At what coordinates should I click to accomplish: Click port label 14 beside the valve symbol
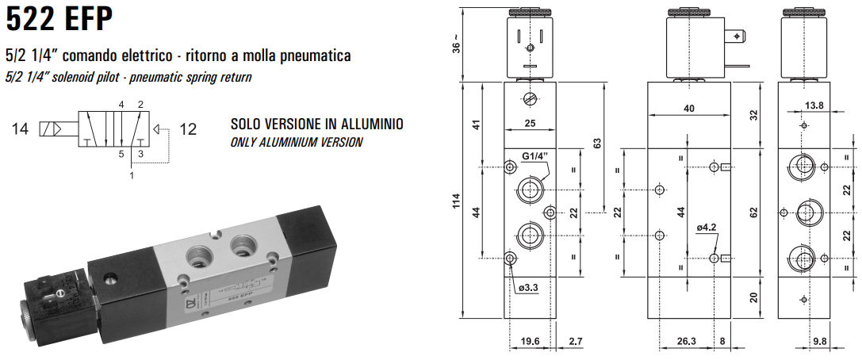tap(21, 128)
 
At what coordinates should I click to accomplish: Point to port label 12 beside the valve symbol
tap(188, 128)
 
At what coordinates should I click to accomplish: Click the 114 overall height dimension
tap(455, 202)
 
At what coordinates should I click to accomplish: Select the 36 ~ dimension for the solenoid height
tap(456, 47)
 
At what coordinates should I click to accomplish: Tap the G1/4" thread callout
tap(536, 156)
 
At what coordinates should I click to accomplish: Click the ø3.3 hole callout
tap(528, 288)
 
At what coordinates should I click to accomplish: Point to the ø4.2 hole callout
tap(707, 228)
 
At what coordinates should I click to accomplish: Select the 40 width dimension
tap(688, 108)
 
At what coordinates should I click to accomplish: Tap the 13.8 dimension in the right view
tap(814, 105)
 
